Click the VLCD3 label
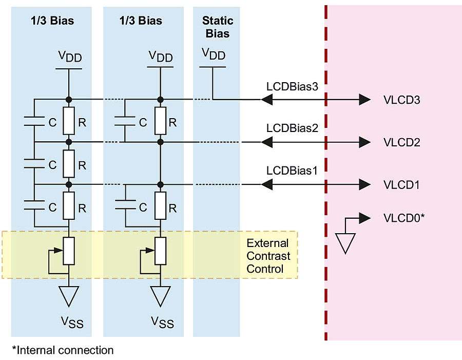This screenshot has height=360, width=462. pyautogui.click(x=401, y=100)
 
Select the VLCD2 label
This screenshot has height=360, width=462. pyautogui.click(x=401, y=142)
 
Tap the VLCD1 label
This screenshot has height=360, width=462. pyautogui.click(x=401, y=184)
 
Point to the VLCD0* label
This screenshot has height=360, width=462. pyautogui.click(x=404, y=217)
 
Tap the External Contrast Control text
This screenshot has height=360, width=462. pyautogui.click(x=268, y=256)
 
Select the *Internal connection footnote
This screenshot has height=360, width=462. pyautogui.click(x=63, y=350)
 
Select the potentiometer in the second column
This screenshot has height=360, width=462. pyautogui.click(x=160, y=251)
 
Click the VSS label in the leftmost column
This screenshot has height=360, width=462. pyautogui.click(x=72, y=323)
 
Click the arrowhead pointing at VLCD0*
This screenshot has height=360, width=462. pyautogui.click(x=364, y=218)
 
